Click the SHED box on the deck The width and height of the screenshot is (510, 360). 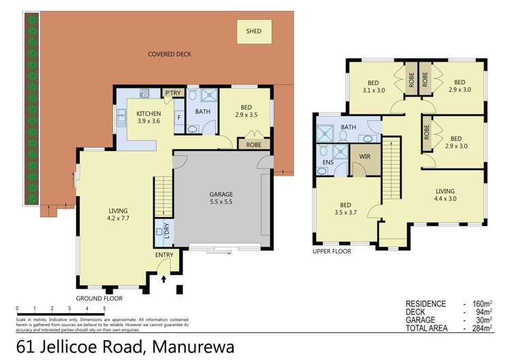pos(254,31)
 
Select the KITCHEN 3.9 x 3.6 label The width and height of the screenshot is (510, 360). pos(148,117)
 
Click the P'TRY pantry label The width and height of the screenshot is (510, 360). pos(171,93)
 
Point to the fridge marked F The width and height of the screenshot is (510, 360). pos(179,116)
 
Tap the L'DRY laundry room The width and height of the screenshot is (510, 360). pos(163,231)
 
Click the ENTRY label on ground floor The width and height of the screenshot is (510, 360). pos(165,255)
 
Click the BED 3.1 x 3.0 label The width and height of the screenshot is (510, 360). pos(374,86)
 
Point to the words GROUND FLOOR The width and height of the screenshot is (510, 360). pos(99,298)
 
